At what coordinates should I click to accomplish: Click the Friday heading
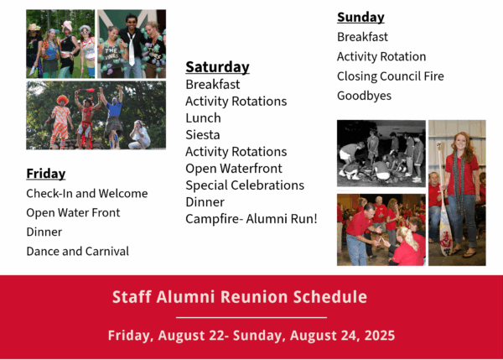[46, 174]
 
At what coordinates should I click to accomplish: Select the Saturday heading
[217, 67]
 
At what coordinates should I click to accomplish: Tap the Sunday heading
[360, 18]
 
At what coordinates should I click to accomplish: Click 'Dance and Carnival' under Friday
[78, 251]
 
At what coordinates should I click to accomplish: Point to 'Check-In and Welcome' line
[87, 193]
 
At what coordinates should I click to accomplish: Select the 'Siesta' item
[203, 135]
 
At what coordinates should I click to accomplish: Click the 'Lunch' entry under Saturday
[203, 118]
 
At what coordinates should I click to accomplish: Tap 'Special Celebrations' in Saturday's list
[245, 185]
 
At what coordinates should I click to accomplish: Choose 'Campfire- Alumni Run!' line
[251, 219]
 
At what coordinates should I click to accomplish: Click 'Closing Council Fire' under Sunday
[391, 76]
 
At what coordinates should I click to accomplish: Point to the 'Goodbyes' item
[364, 96]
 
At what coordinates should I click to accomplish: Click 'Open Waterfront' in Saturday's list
[234, 169]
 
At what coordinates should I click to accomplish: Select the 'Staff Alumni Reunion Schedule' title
[240, 297]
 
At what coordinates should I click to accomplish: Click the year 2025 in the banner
[380, 336]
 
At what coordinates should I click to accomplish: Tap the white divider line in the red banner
[251, 317]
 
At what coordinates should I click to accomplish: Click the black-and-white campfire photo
[381, 154]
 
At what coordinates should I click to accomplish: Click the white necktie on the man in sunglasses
[132, 50]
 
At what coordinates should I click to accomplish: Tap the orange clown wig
[62, 100]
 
